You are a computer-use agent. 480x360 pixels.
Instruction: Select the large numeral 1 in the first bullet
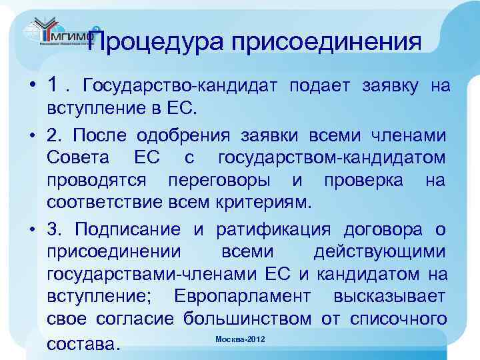(x=55, y=85)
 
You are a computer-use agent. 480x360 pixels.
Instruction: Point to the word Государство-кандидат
(x=181, y=87)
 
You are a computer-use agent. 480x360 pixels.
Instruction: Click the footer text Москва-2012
(x=240, y=340)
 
